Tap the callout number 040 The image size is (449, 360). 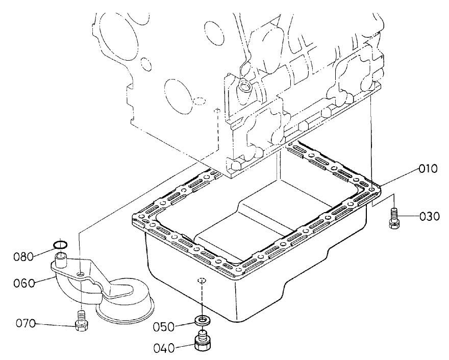coord(164,348)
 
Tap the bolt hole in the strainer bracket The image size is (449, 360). coord(81,275)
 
